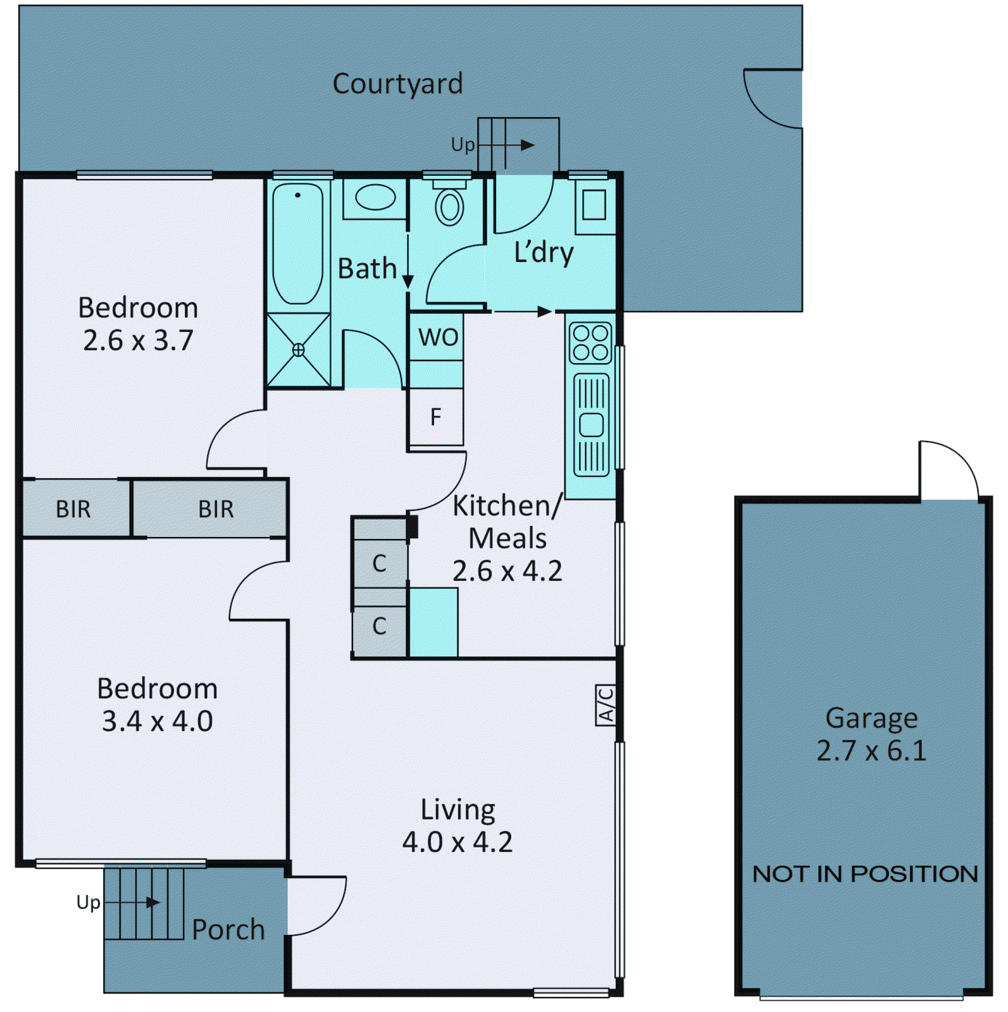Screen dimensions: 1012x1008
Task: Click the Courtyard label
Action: click(x=397, y=84)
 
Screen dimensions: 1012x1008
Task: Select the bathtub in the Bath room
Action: click(x=297, y=244)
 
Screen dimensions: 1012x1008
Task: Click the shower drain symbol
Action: click(x=298, y=350)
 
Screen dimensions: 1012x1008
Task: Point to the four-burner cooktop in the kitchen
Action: click(x=590, y=342)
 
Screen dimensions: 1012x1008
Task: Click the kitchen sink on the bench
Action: click(x=591, y=424)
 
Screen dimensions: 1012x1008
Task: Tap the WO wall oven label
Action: click(x=438, y=338)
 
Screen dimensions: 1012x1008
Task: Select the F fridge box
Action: click(x=436, y=417)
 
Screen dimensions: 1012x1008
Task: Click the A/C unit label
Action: click(x=606, y=705)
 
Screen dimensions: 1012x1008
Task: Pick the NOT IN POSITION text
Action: click(x=865, y=874)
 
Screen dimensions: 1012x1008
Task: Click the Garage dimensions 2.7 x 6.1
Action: click(x=871, y=751)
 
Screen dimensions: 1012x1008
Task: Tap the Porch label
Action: click(x=228, y=930)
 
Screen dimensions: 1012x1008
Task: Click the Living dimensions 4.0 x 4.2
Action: click(x=457, y=842)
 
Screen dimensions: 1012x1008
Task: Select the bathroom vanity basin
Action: click(x=375, y=197)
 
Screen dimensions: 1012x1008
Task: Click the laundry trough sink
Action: click(x=594, y=205)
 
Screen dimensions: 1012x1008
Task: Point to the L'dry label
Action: click(x=544, y=253)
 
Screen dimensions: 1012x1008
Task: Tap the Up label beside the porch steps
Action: click(x=88, y=902)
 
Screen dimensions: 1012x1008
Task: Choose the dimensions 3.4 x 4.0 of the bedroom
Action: click(x=157, y=721)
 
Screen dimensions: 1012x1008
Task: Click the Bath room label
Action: click(x=367, y=269)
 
